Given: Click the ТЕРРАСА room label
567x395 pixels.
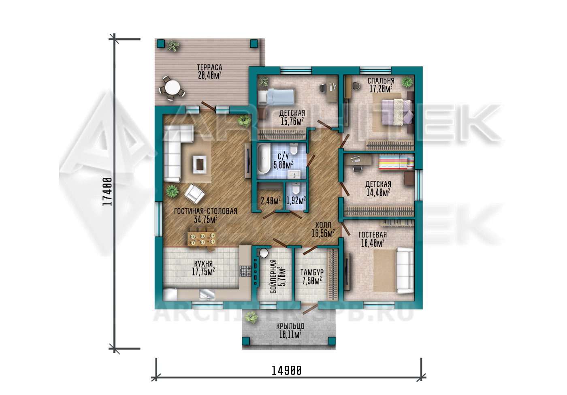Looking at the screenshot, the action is tap(210, 67).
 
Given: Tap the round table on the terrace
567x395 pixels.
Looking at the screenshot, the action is tap(173, 88).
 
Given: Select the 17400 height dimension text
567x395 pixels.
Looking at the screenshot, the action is tap(107, 191).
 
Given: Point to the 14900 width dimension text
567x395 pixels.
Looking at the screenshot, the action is tap(287, 371).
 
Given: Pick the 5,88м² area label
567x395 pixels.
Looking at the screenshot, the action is tap(283, 165).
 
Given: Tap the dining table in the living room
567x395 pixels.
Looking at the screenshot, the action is tap(202, 239).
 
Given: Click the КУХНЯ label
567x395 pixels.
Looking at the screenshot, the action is tap(203, 264).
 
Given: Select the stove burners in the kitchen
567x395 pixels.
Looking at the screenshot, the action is tap(245, 271).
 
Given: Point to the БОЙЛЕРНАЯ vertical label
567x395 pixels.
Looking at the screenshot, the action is tap(273, 276).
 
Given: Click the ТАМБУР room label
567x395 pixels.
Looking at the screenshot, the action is tap(312, 272).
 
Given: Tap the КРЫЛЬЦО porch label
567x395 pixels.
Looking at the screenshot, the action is tap(290, 326).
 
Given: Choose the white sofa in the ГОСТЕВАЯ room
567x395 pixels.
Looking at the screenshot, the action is tap(405, 271).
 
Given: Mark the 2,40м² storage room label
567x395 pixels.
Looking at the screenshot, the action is tap(271, 201).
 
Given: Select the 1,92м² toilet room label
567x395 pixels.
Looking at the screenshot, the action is tap(296, 201).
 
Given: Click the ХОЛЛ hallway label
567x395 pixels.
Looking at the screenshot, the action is tap(323, 225).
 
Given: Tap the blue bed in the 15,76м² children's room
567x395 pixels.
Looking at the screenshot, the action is tap(276, 97).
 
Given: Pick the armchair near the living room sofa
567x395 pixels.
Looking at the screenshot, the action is tap(194, 194).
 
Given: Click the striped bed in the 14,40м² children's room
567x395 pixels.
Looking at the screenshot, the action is tap(396, 162).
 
